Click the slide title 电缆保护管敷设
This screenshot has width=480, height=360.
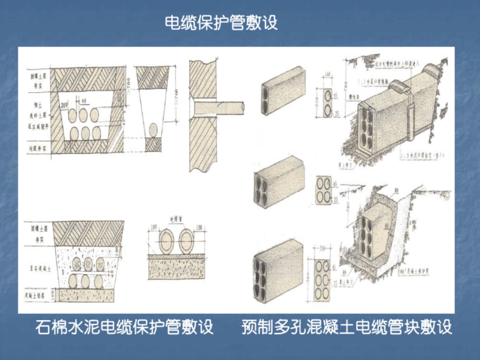220,23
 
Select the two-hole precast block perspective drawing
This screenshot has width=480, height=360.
280,93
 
